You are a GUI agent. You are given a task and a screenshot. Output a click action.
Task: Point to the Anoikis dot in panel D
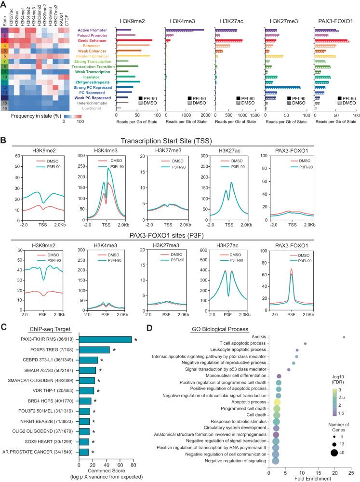click(344, 337)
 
